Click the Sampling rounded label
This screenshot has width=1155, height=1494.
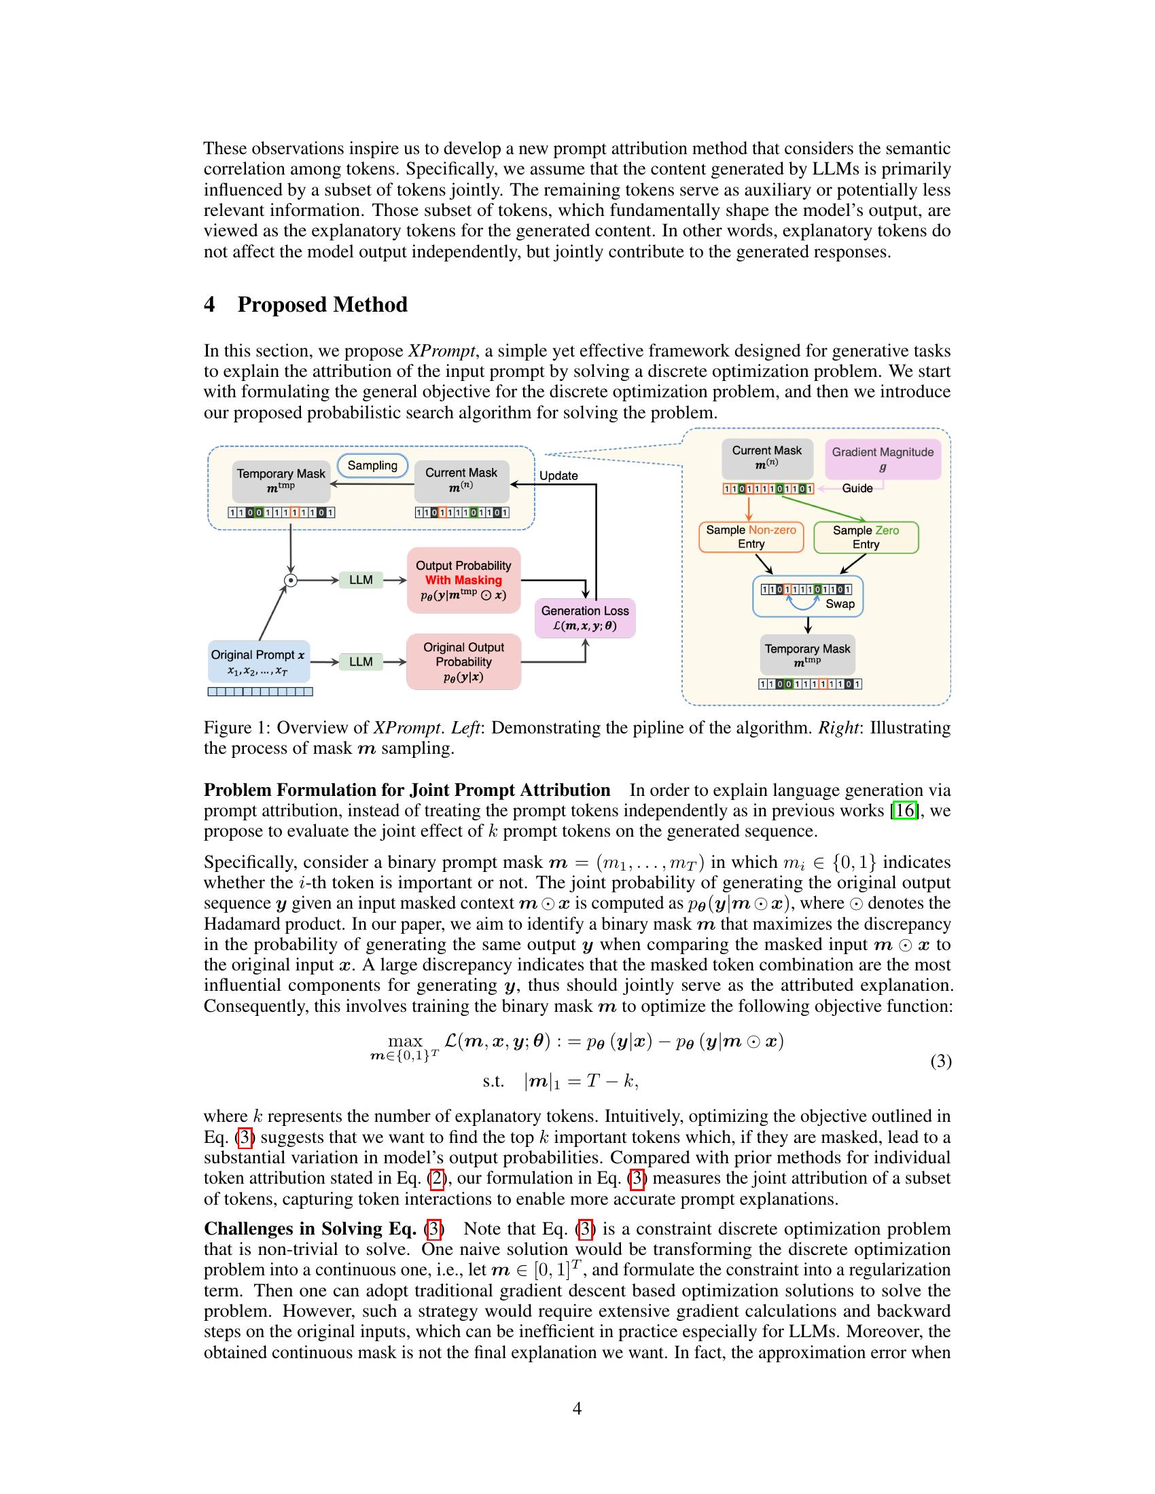click(x=372, y=466)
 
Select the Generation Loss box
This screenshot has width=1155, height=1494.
click(x=585, y=618)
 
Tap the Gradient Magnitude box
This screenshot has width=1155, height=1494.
click(x=883, y=459)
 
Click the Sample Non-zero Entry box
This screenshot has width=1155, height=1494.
click(x=751, y=537)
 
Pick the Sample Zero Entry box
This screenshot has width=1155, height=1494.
click(x=866, y=537)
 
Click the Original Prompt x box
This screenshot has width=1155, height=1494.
click(x=259, y=661)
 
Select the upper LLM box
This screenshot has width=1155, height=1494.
click(x=361, y=580)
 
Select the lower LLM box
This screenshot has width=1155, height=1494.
click(x=361, y=661)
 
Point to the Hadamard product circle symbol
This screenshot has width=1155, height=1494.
click(x=291, y=580)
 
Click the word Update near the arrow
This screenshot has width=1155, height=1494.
click(x=558, y=475)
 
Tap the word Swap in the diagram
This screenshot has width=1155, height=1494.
click(x=840, y=603)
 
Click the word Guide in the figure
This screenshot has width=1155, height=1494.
click(x=857, y=488)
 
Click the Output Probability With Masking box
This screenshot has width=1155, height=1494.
click(x=463, y=580)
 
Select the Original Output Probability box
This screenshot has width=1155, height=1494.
click(x=463, y=661)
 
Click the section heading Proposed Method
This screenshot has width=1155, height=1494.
click(x=321, y=304)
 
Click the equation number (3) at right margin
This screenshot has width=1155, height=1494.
click(x=941, y=1061)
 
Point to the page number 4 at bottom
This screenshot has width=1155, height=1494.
click(x=577, y=1408)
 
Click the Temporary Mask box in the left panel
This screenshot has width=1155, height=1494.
click(x=281, y=480)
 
